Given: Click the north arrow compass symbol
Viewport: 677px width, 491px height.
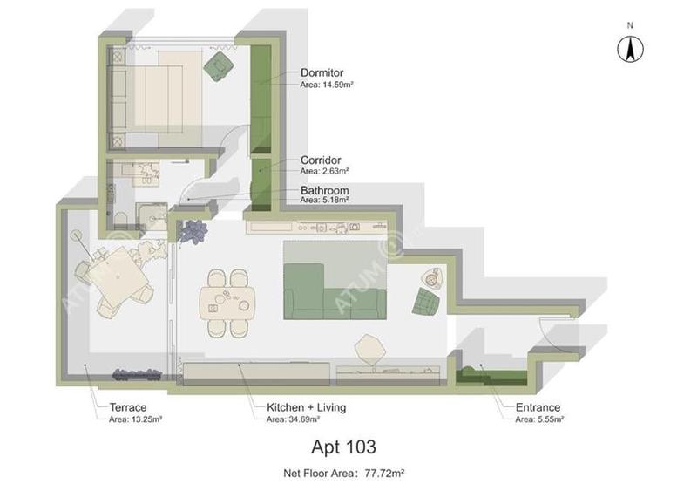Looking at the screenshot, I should coord(629,50).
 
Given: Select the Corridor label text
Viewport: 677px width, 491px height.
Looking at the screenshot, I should coord(321,160).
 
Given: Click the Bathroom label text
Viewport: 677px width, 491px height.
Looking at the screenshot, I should coord(324,190).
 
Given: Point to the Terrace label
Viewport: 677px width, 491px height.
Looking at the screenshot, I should coord(127,407).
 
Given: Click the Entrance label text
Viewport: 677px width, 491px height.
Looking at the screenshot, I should coord(538,407).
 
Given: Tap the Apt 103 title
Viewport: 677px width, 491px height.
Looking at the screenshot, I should coord(343,447).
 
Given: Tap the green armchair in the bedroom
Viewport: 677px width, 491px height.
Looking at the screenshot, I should coord(218,65).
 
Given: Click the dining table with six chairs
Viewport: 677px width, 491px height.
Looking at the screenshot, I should coord(227,302).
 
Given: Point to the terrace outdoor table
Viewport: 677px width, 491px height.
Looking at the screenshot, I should coord(118,280).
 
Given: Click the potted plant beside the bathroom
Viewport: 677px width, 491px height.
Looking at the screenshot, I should coord(192,232).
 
